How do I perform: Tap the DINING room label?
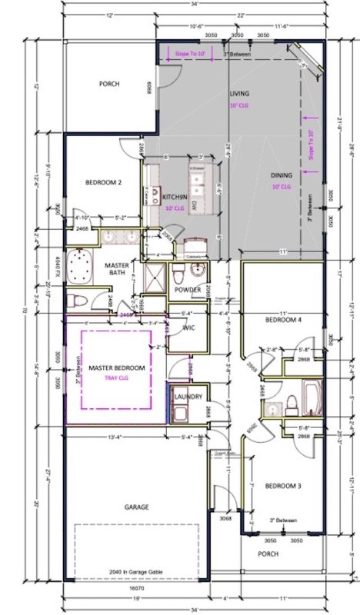281,175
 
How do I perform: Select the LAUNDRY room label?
188,396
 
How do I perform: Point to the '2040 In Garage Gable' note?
136,572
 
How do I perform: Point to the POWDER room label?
188,291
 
